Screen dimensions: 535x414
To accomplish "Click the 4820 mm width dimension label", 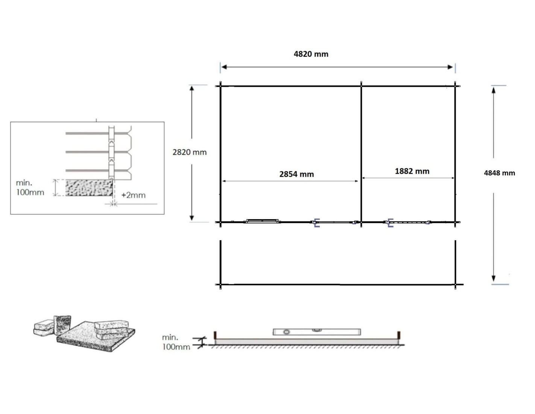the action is tap(311, 54).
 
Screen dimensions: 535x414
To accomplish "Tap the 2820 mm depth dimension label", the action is tap(189, 152).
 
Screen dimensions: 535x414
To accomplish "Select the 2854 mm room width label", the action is tap(296, 174).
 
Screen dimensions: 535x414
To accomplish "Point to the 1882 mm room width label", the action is tap(412, 171).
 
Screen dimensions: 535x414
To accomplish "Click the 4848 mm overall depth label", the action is tap(499, 173).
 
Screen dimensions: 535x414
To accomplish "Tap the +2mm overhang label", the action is tap(133, 195).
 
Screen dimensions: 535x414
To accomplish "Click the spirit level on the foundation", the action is tap(317, 332).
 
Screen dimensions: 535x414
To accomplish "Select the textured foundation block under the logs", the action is tap(89, 188).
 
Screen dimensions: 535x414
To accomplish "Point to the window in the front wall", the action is tap(262, 221).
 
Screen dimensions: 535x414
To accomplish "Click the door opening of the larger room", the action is tap(335, 223).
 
